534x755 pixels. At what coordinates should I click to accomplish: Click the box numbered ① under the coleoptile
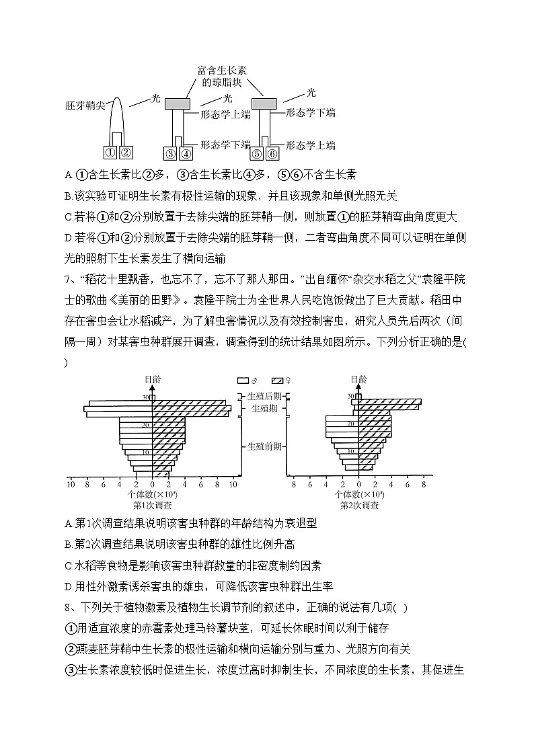coord(111,152)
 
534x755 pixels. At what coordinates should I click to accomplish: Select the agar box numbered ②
coord(126,152)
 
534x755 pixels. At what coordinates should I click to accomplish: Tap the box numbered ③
coord(171,154)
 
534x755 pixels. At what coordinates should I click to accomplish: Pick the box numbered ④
coord(185,154)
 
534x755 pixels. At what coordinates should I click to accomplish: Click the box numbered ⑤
coord(257,154)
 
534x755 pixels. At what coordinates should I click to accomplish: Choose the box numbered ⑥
coord(272,154)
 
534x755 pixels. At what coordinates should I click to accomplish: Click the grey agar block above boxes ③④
coord(178,103)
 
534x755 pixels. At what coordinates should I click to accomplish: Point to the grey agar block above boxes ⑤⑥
coord(264,103)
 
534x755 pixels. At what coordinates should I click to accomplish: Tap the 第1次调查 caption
coord(152,504)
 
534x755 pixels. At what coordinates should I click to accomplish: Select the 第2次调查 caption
coord(359,504)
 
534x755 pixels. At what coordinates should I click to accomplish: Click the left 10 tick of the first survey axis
coord(71,484)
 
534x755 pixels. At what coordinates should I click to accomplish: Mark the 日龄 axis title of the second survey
coord(359,380)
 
